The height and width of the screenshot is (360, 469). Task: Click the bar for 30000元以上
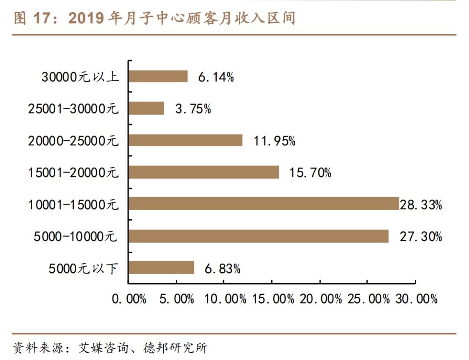158,76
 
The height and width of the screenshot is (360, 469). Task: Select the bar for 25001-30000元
146,108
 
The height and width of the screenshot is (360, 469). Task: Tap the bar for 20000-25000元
185,140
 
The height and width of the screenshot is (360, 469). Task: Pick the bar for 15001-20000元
204,172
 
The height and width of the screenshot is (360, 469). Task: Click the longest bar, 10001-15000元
264,204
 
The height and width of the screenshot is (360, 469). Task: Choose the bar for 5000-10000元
258,236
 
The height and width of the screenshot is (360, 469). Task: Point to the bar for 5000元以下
161,268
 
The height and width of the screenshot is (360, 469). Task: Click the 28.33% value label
421,205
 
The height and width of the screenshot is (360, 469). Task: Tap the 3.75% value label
193,109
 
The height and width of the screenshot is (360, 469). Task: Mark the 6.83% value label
222,269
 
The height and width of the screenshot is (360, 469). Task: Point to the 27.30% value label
421,237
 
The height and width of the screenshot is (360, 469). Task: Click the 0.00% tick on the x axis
129,299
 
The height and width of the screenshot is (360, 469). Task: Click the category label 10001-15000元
73,205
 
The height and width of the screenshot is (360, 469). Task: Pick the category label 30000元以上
80,77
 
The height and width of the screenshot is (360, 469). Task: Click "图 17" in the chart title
33,18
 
